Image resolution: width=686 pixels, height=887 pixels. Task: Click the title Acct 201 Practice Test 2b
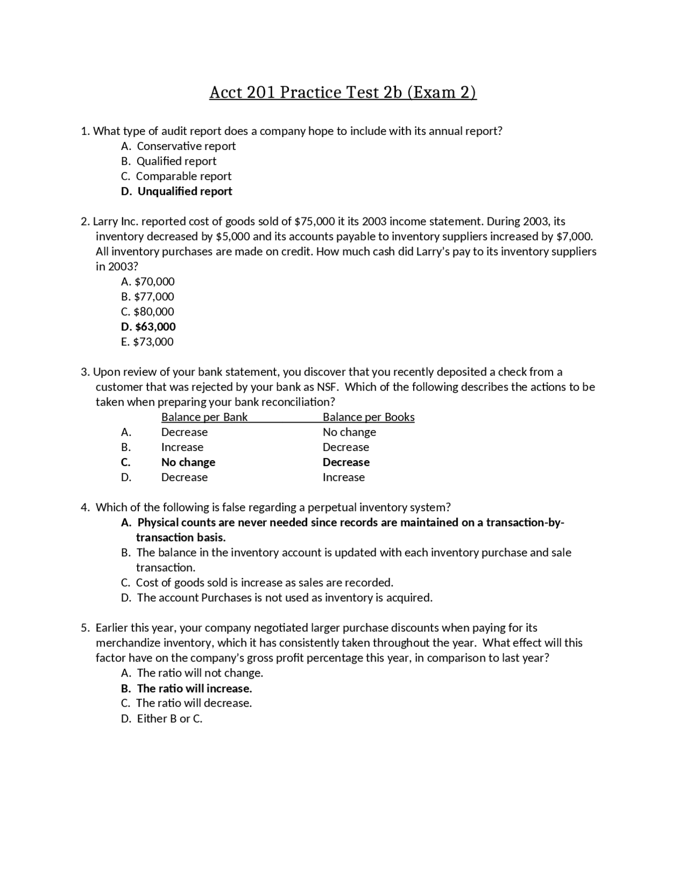(x=342, y=93)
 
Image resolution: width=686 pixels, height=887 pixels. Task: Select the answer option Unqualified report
(x=184, y=191)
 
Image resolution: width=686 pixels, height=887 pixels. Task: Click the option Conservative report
(x=186, y=146)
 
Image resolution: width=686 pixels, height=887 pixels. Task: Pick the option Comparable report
(x=183, y=176)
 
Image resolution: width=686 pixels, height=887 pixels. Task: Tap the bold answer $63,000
(x=155, y=327)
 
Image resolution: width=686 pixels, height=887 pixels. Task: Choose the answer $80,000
(x=154, y=312)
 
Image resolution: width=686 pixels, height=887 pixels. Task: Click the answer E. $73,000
(x=147, y=342)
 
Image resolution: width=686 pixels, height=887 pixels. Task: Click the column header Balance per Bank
(x=204, y=417)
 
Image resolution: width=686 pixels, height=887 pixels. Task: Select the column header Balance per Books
(x=368, y=417)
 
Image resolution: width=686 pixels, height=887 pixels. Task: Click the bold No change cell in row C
(x=188, y=462)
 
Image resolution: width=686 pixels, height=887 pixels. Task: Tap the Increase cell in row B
(x=182, y=447)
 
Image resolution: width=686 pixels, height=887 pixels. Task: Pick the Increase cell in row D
(x=344, y=477)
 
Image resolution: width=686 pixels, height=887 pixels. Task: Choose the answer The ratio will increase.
(x=194, y=688)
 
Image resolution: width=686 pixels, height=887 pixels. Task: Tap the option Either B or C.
(x=169, y=719)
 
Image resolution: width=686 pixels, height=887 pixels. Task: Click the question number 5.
(x=85, y=628)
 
